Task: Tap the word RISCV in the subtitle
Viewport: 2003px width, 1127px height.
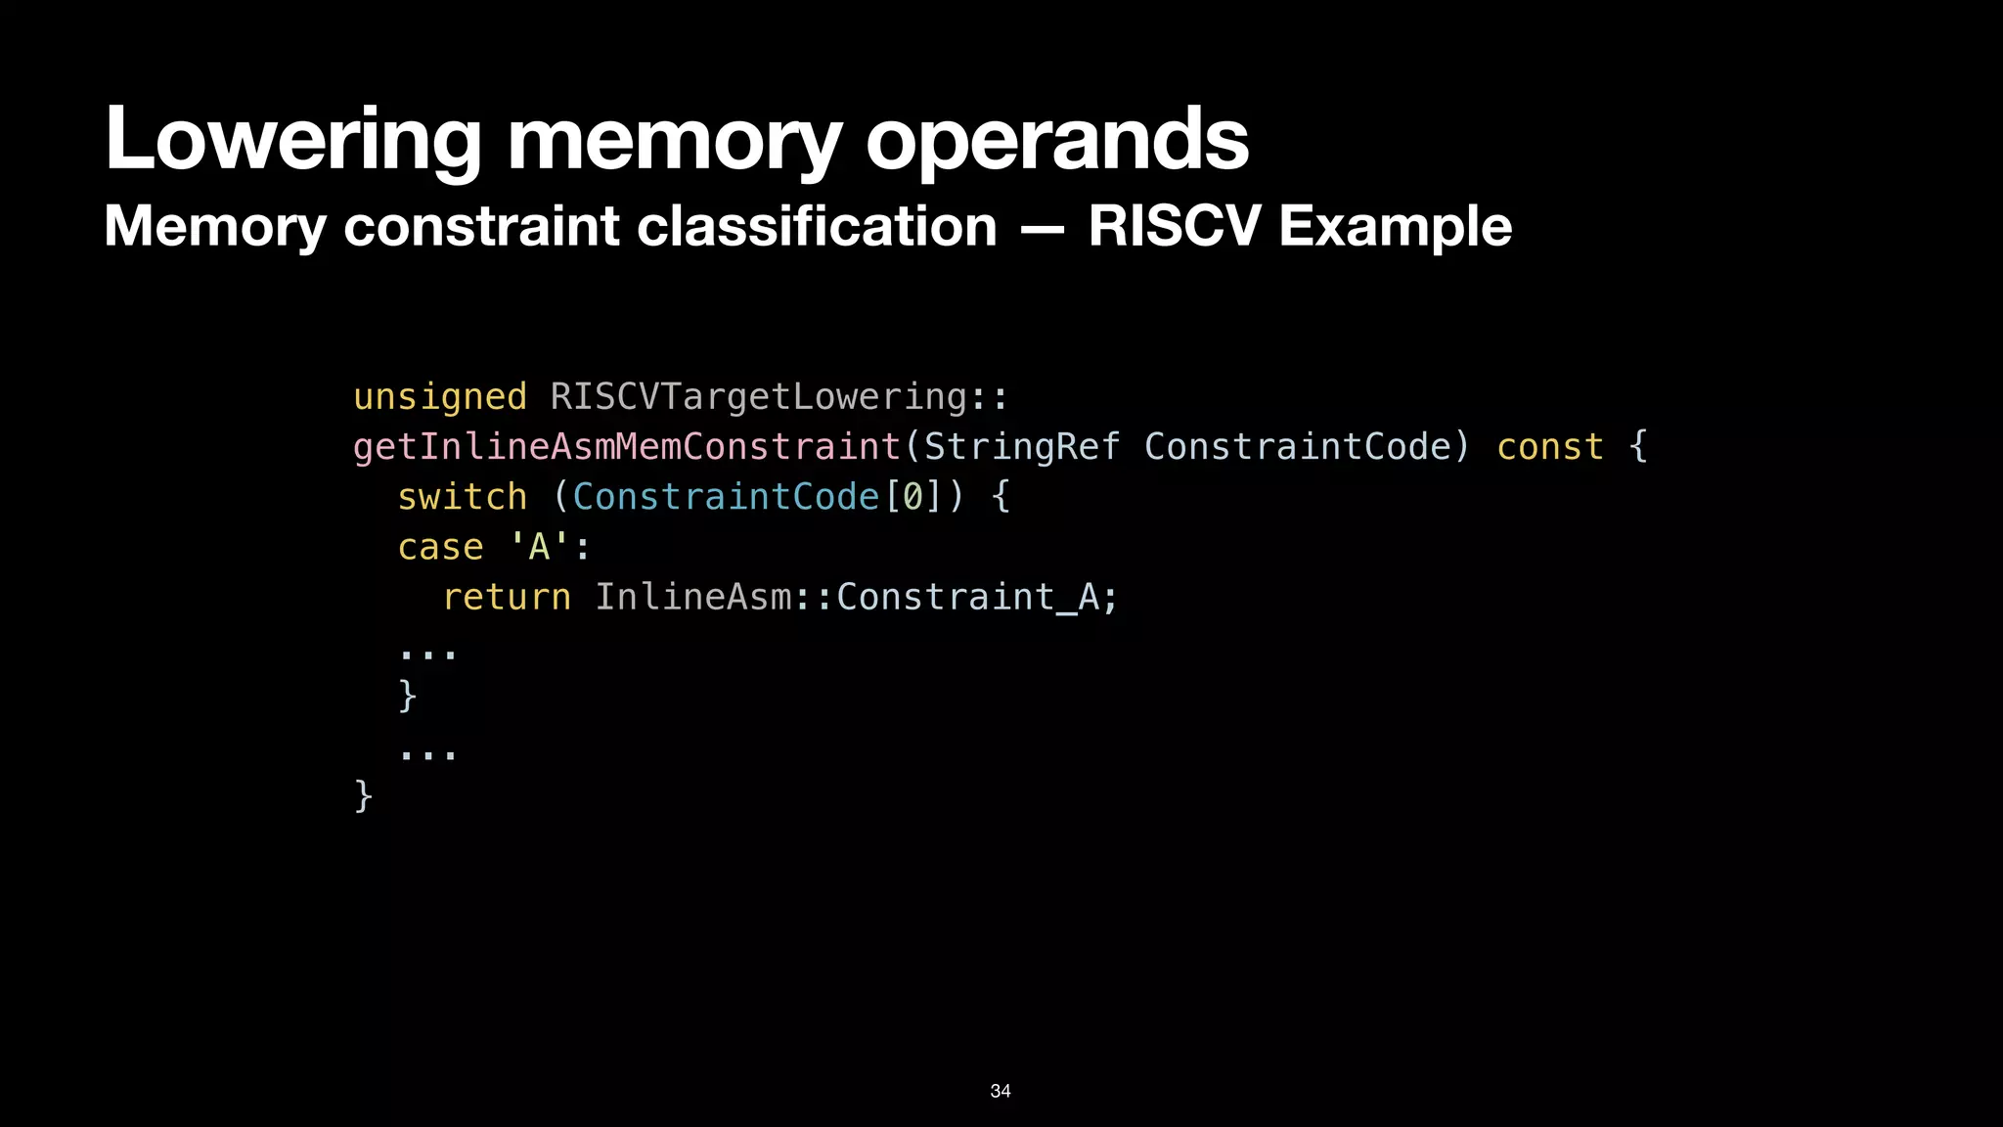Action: [1174, 226]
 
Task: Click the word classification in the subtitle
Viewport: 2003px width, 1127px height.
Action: [817, 226]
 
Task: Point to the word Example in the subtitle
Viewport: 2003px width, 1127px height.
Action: [1395, 226]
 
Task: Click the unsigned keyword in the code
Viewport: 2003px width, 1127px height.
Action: [439, 397]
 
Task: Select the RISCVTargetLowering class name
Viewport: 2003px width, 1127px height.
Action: [759, 397]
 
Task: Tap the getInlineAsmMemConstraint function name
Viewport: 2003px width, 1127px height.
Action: [626, 447]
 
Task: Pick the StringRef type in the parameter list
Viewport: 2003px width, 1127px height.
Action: [1022, 447]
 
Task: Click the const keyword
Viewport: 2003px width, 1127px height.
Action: [1550, 447]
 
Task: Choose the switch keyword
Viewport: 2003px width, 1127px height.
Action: [462, 497]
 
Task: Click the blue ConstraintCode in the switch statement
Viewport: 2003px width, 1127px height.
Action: [726, 497]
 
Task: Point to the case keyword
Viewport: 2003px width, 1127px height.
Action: [440, 547]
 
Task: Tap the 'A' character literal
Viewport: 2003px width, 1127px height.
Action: [539, 547]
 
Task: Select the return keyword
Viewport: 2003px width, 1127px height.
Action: [506, 597]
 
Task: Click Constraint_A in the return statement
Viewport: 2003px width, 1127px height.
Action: [968, 597]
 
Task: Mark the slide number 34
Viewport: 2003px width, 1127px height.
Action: [1001, 1091]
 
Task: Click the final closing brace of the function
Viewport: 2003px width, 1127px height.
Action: [363, 796]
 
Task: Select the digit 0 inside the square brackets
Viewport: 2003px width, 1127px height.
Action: [912, 497]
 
